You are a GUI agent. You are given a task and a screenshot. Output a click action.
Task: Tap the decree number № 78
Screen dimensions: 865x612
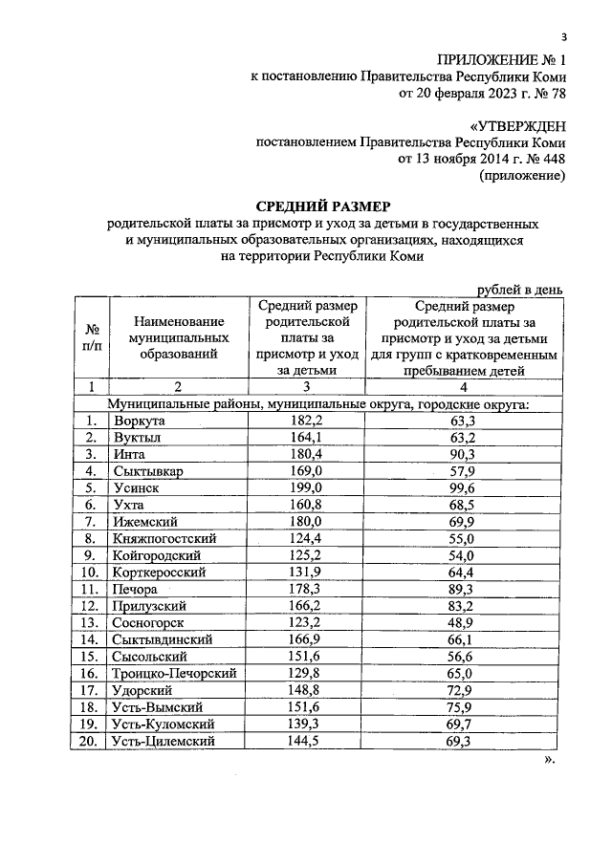click(x=546, y=95)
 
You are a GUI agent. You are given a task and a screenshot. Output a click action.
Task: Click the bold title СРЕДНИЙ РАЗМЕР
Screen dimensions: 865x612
click(x=323, y=206)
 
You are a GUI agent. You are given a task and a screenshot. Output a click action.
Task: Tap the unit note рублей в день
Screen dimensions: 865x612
click(x=517, y=290)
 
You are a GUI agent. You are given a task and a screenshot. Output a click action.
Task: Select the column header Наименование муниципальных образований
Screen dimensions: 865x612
click(x=181, y=338)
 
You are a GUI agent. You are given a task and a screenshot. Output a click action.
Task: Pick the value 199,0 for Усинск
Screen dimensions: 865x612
click(x=307, y=487)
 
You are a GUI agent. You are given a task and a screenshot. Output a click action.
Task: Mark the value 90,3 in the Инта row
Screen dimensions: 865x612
click(x=462, y=454)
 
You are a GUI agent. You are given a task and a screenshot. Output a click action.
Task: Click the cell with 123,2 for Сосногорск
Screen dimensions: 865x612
click(x=307, y=622)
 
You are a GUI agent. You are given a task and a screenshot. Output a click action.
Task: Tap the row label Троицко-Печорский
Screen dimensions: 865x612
click(x=174, y=673)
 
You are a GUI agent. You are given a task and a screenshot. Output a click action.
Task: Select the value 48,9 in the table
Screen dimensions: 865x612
click(x=462, y=622)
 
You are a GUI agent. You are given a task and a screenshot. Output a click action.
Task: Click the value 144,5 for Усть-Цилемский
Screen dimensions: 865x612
click(x=307, y=741)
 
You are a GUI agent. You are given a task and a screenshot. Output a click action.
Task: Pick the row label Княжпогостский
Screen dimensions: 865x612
click(x=164, y=538)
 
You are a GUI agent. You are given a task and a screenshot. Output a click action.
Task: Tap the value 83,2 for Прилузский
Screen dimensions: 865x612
click(x=462, y=606)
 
